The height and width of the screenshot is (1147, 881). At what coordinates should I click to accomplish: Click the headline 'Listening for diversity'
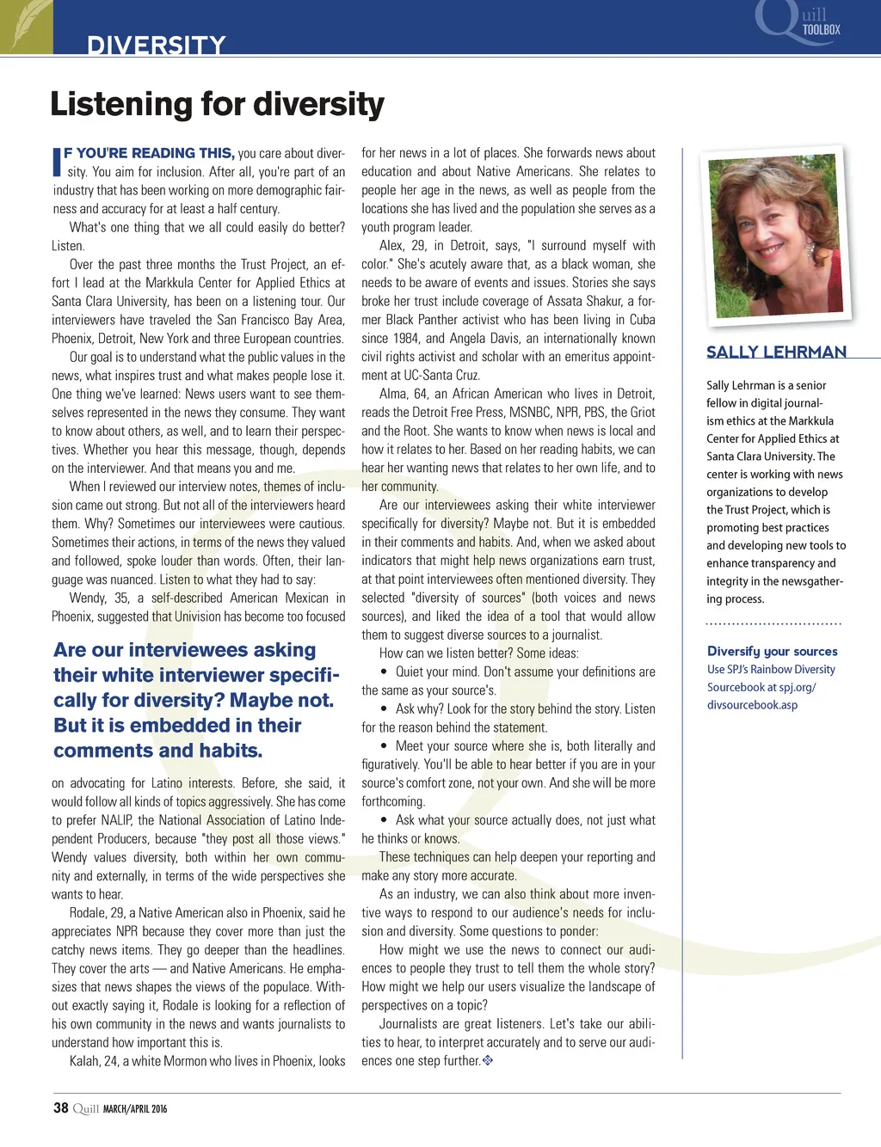pos(217,104)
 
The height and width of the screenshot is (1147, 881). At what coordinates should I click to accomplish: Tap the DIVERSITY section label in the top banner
pos(156,45)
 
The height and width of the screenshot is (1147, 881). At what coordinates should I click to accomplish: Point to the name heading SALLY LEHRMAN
pos(776,352)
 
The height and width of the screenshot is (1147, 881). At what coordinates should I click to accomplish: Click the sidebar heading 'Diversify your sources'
pos(772,652)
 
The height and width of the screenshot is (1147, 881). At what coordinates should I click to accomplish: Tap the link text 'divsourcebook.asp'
pos(752,705)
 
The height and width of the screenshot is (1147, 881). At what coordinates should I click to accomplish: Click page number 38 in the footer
pos(60,1107)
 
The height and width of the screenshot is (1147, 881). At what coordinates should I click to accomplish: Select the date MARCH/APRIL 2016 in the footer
pos(135,1108)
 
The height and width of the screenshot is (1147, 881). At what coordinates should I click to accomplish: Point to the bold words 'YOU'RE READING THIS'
pos(149,153)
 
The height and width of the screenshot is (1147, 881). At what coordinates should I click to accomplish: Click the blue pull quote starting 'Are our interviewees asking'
pos(196,700)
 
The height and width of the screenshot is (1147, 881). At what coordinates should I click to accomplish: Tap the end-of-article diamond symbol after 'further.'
pos(488,1060)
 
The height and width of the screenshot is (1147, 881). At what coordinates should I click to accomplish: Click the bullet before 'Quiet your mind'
pos(384,672)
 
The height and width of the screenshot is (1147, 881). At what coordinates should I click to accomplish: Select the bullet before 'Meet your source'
pos(384,746)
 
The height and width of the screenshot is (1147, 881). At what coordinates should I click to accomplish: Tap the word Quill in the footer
pos(86,1108)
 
